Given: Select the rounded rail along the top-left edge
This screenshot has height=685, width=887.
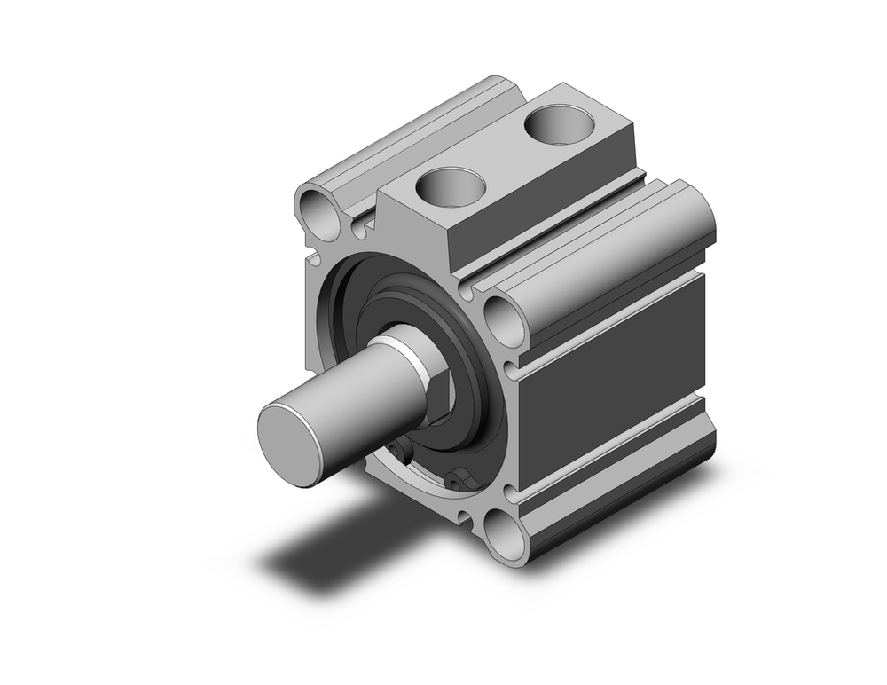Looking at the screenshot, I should (x=417, y=133).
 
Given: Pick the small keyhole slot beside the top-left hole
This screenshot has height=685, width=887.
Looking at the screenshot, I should (x=357, y=230).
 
